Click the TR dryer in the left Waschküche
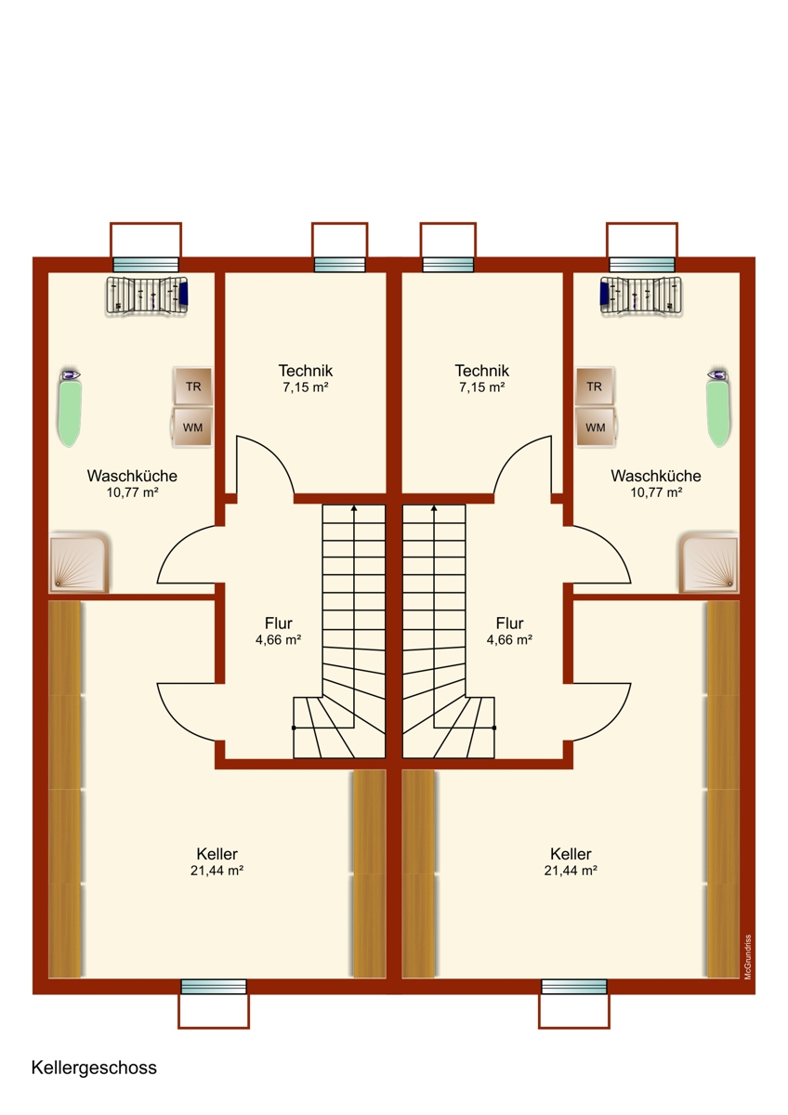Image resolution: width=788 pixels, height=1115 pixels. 192,387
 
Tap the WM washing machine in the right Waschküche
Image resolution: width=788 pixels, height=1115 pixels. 595,427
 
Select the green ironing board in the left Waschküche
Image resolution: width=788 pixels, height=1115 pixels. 69,408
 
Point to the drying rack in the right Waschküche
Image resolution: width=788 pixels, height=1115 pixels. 641,295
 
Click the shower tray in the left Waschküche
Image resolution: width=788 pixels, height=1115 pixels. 79,562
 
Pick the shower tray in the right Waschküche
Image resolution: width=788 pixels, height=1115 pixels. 709,562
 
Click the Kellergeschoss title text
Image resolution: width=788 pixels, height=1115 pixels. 94,1068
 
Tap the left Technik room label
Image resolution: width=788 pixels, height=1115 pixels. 305,371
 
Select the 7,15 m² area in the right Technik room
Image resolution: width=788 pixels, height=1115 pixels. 482,387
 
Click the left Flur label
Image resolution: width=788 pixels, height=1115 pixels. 278,623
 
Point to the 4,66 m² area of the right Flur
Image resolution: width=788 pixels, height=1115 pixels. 509,639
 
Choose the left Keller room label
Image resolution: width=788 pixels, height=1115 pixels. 217,854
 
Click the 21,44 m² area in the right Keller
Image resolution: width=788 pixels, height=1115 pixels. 571,871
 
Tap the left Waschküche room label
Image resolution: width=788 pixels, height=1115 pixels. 132,476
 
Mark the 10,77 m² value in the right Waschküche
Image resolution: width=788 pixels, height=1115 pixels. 656,492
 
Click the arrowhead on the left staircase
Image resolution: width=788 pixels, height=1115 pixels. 354,508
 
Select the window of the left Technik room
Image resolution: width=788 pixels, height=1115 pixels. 339,265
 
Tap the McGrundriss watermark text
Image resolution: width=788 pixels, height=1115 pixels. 748,957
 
